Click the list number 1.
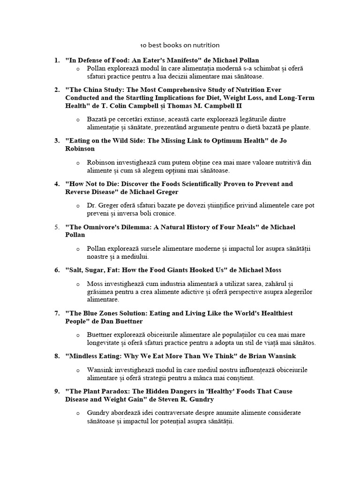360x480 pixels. pyautogui.click(x=56, y=60)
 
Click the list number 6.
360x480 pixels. pyautogui.click(x=56, y=270)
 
